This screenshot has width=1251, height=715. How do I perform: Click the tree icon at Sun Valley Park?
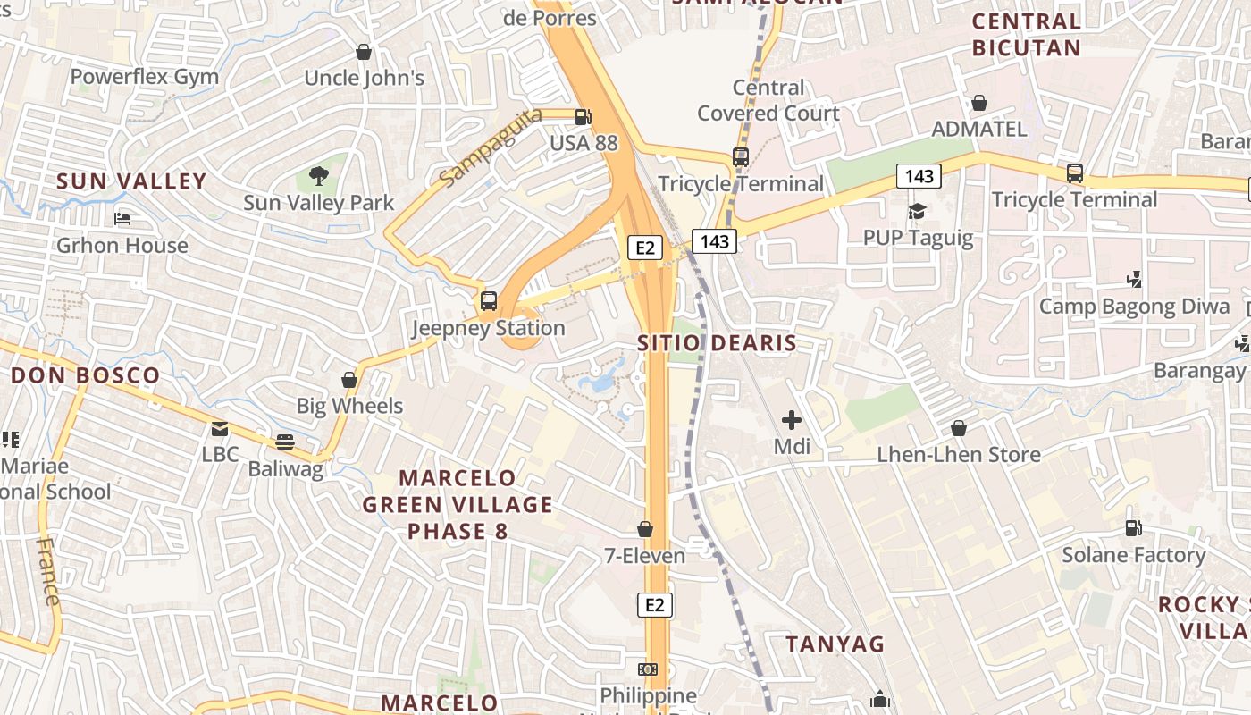[318, 176]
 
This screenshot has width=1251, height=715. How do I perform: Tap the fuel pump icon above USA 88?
[583, 116]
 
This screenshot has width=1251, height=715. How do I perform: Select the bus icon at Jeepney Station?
[488, 301]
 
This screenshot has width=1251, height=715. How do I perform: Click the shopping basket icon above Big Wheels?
[349, 380]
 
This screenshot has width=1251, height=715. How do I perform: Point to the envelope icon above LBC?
[220, 429]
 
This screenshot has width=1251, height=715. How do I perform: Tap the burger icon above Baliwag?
[285, 442]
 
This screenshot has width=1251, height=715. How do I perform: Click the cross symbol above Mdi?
[792, 419]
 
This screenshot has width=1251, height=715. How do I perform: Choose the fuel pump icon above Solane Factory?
[1133, 528]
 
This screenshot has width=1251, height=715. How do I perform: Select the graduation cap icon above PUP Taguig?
[918, 212]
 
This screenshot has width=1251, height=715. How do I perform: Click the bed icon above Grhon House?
[122, 219]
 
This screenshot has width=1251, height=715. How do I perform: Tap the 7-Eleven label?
[645, 556]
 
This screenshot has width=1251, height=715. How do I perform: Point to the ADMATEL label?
[979, 129]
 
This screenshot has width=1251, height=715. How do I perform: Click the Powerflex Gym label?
[145, 77]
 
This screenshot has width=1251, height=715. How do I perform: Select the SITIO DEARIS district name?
[717, 342]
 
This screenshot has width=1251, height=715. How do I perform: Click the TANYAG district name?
[835, 643]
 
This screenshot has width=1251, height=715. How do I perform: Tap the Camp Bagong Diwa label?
[1134, 307]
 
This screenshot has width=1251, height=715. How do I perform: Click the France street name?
[48, 572]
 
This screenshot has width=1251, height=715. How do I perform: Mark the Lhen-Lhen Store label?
[959, 454]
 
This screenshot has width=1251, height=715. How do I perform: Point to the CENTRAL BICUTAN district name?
[1026, 34]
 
